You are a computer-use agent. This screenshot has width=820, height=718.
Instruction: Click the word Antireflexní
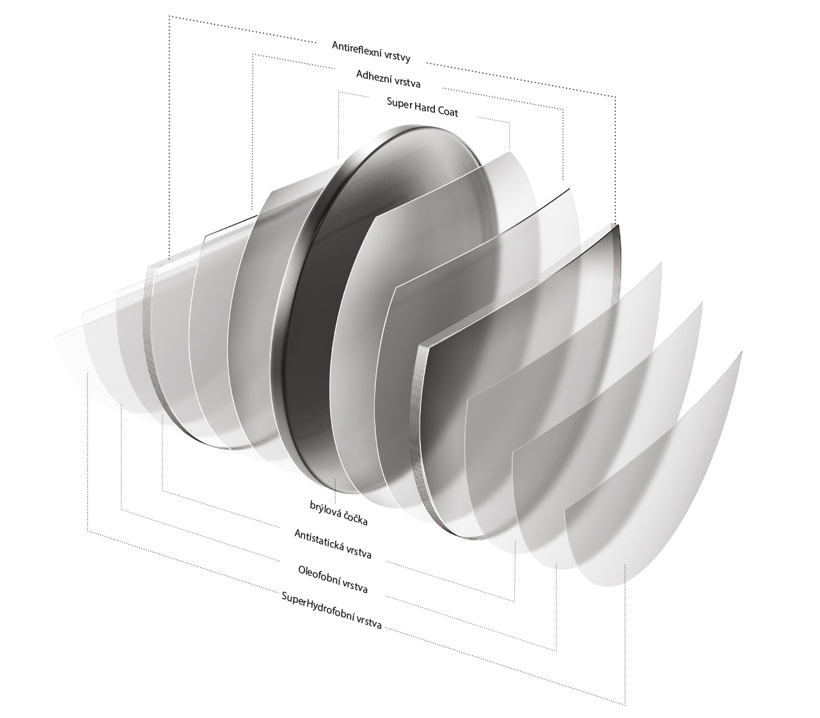[x=358, y=49]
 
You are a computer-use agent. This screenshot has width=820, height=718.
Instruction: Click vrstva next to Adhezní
[x=407, y=82]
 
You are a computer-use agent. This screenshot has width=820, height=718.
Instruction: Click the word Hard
[x=425, y=108]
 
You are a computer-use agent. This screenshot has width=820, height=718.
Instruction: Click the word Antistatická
[x=319, y=540]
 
